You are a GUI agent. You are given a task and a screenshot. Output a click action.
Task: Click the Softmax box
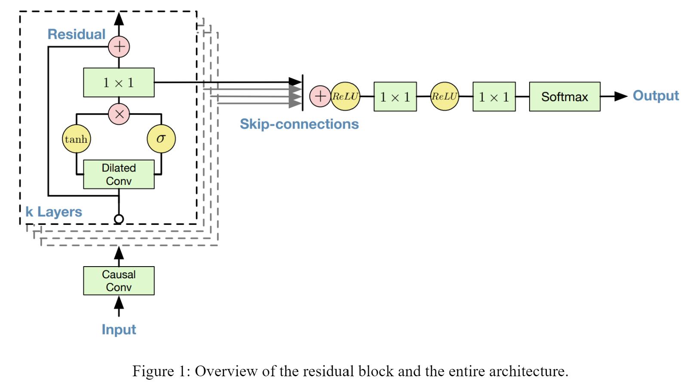564,97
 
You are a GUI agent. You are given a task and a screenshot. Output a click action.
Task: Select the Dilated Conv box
119,174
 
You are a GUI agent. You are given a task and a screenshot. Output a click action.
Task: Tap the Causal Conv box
119,281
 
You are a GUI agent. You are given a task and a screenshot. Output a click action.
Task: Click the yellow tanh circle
77,139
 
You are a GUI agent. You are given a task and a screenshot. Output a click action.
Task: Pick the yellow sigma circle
161,139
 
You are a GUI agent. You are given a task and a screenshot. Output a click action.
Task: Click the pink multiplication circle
119,114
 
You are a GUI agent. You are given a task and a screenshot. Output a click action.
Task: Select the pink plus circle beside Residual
119,46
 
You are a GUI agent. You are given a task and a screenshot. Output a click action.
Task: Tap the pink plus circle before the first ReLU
320,96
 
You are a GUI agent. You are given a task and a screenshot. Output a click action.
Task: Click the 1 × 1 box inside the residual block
119,83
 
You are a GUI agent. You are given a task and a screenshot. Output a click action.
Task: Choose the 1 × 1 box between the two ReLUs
395,97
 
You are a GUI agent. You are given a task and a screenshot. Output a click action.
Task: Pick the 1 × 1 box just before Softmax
494,97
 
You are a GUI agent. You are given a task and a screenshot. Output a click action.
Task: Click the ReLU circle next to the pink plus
345,96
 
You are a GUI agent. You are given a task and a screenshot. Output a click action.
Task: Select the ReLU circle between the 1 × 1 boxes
444,96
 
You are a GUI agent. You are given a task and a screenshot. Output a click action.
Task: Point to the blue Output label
655,95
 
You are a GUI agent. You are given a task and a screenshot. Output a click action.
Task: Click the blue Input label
119,329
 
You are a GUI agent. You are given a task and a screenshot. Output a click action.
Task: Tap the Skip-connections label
299,124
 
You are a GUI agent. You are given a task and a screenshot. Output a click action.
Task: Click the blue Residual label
77,34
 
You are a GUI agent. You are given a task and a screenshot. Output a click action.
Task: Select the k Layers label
54,212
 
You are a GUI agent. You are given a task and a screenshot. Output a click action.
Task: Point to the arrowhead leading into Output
621,96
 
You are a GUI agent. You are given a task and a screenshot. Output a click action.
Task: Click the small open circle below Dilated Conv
119,219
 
